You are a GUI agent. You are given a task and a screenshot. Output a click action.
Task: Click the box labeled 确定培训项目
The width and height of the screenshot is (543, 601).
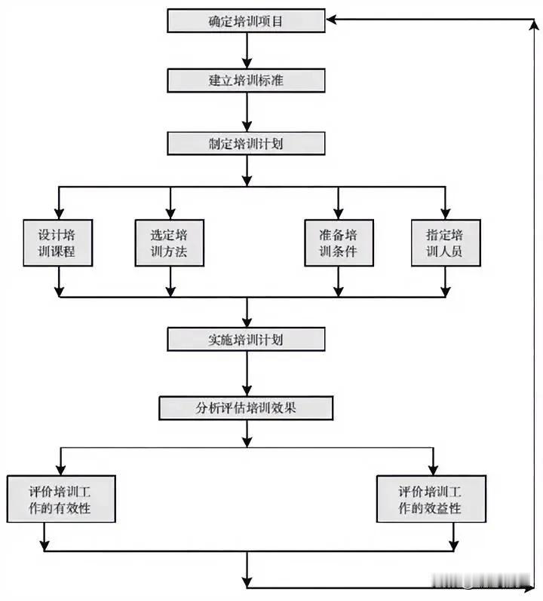click(x=246, y=21)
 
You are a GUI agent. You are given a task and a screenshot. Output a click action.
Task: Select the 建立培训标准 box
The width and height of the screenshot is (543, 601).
click(x=246, y=80)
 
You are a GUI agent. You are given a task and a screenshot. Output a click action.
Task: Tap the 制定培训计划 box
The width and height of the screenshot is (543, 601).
click(x=246, y=142)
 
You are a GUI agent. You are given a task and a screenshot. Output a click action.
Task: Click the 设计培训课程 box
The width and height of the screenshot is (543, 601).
click(x=58, y=243)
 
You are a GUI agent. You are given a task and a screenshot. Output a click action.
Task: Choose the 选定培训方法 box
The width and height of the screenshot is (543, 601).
click(x=170, y=243)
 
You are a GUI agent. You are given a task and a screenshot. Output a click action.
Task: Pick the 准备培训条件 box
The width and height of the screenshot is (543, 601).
click(x=339, y=243)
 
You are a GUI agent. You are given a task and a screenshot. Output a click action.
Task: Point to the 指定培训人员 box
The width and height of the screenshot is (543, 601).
click(x=445, y=243)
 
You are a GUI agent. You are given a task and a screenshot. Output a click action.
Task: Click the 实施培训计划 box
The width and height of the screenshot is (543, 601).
click(x=246, y=339)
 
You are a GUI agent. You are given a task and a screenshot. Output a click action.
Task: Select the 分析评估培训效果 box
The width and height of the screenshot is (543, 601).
click(x=246, y=408)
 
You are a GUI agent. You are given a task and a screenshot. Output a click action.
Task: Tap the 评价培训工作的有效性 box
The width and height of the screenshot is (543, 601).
click(x=60, y=499)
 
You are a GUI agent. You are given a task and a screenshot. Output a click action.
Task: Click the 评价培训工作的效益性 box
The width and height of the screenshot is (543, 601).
click(x=430, y=499)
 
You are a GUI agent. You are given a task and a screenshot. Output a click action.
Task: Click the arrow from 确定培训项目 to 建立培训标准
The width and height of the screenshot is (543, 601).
click(x=246, y=50)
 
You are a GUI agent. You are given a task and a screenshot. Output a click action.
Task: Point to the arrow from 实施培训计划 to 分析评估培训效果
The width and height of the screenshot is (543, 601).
click(x=246, y=374)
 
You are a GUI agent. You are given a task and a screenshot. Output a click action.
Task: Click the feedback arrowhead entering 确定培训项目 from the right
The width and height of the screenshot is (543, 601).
click(x=333, y=21)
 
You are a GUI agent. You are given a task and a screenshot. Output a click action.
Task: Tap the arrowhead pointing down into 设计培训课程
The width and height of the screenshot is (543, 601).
click(x=58, y=212)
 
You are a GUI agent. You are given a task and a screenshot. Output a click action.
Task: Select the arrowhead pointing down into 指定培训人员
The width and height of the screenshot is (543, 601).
click(x=445, y=212)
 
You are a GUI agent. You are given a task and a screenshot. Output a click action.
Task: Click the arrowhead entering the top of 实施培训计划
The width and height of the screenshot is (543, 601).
click(x=246, y=322)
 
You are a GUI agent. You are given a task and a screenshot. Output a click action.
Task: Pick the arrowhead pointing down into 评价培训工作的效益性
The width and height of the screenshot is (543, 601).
click(x=431, y=468)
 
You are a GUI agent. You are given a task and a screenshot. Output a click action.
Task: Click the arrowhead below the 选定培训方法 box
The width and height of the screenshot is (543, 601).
click(x=170, y=289)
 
